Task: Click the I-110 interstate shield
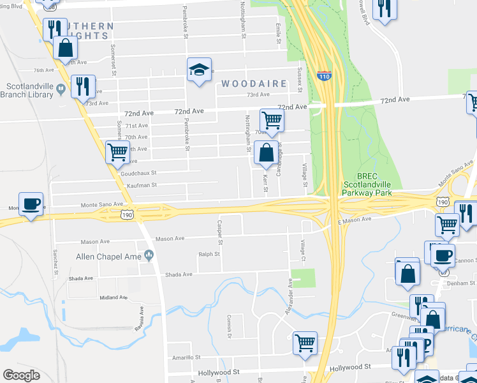click(324, 75)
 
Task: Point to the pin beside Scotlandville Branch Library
click(61, 87)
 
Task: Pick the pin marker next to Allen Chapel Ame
click(150, 256)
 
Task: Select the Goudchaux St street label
click(138, 173)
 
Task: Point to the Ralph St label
click(209, 254)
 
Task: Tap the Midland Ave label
click(114, 297)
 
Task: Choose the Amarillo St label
click(184, 357)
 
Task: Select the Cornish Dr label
click(228, 329)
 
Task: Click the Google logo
click(21, 375)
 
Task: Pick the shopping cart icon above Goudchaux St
click(117, 152)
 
